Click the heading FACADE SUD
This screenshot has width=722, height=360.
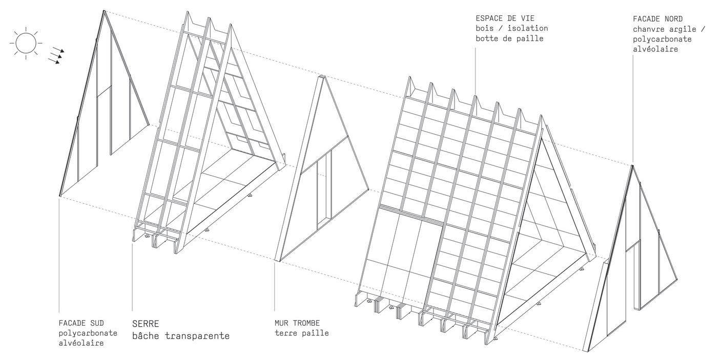point(81,324)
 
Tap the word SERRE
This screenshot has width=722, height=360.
point(146,324)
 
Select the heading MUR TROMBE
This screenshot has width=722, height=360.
point(297,323)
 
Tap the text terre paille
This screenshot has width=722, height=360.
point(301,333)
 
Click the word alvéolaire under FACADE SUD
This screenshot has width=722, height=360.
point(81,343)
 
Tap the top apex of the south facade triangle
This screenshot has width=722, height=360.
point(104,11)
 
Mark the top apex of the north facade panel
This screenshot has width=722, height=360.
point(632,166)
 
